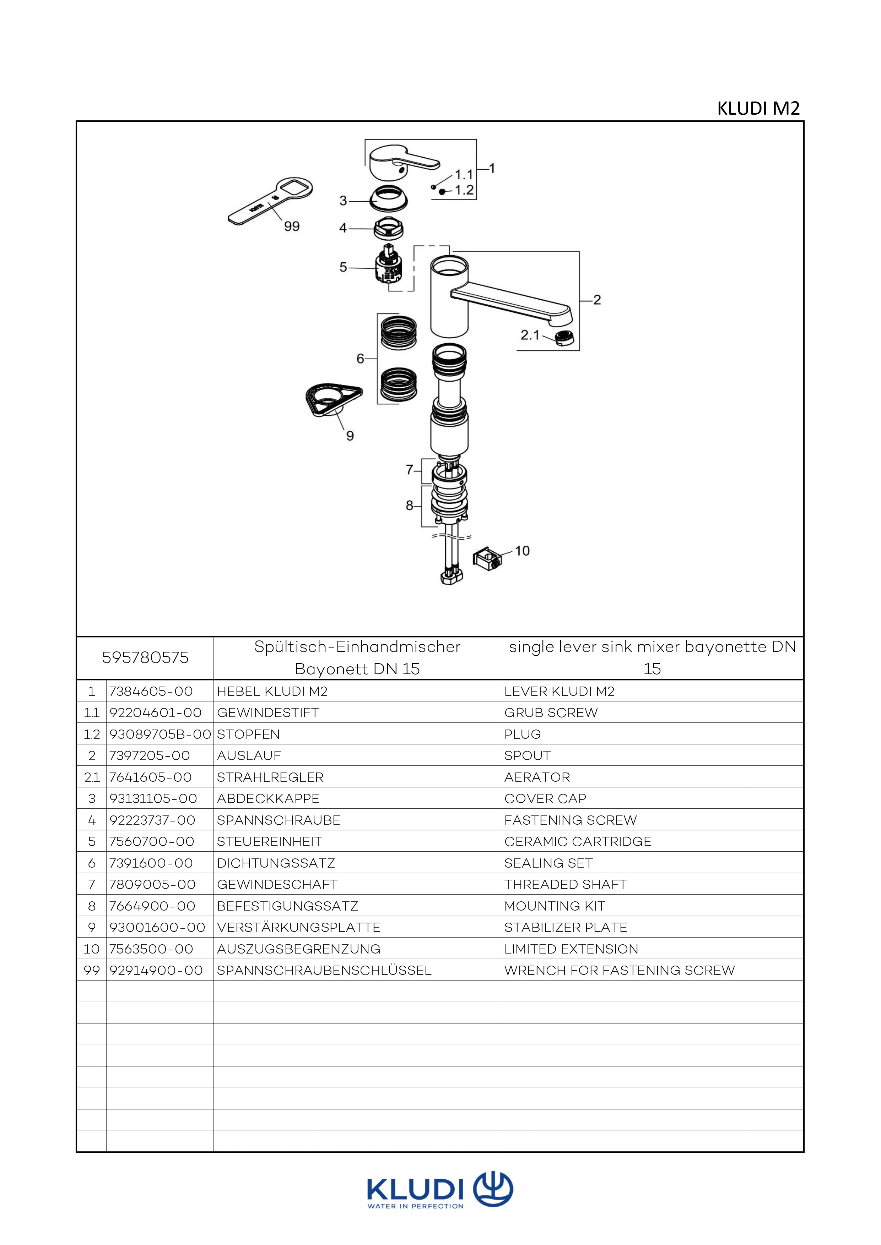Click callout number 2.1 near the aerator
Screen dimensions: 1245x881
530,335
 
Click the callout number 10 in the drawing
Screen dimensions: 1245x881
522,551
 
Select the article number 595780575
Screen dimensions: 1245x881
145,658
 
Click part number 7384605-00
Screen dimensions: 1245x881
151,691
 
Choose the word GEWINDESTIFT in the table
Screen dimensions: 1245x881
267,712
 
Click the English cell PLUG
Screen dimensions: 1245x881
523,734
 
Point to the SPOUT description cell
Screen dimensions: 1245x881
527,755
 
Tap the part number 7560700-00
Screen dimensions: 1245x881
151,842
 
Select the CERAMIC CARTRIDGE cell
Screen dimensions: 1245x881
577,842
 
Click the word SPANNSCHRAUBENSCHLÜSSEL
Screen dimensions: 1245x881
324,970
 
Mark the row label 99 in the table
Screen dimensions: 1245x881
92,970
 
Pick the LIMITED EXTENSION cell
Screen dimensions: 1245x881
571,949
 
